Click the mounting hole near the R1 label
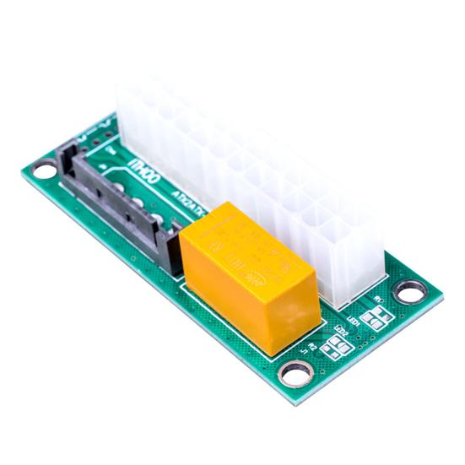(x=411, y=293)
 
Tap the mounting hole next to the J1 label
(x=297, y=371)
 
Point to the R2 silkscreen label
(x=313, y=347)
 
